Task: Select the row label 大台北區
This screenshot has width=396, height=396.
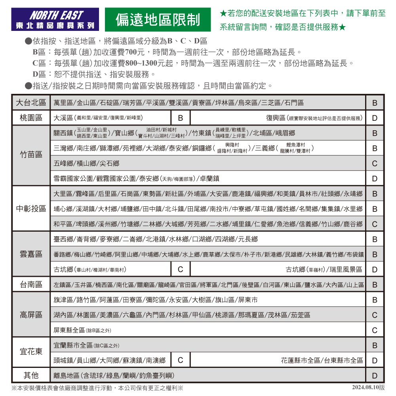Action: (x=31, y=103)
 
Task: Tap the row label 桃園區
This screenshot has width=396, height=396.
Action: (x=31, y=118)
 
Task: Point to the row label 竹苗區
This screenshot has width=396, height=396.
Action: (x=31, y=156)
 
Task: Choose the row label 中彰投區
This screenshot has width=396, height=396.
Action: (x=31, y=208)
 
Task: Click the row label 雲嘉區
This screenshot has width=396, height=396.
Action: (x=31, y=253)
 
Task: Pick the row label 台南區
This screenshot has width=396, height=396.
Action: (x=31, y=284)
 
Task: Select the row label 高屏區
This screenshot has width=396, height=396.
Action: (x=31, y=314)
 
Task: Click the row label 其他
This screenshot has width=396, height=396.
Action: (x=31, y=375)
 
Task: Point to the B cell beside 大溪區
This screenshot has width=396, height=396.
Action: (x=180, y=118)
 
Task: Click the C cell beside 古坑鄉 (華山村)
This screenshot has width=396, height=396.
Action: (x=180, y=269)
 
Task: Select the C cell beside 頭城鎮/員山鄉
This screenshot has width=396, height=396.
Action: (x=180, y=360)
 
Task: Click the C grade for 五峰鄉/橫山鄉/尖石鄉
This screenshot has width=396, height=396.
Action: (x=375, y=164)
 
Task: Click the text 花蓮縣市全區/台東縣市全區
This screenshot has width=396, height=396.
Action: (x=322, y=360)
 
